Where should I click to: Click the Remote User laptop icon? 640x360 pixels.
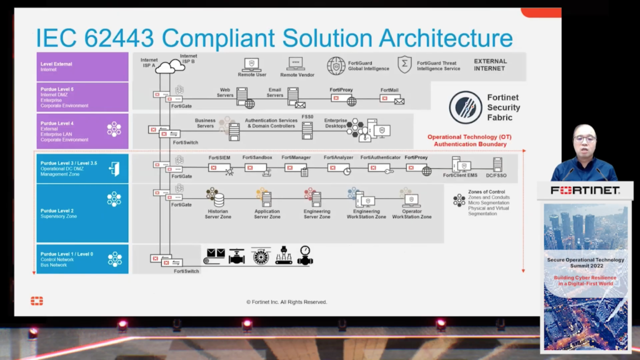[x=252, y=64]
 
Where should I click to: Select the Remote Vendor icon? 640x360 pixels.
[x=296, y=64]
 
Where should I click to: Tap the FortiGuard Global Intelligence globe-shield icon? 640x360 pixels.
[x=336, y=66]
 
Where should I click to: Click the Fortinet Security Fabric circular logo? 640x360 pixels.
[x=465, y=107]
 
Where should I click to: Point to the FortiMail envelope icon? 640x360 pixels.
[x=399, y=101]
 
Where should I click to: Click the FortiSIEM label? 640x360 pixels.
[x=220, y=157]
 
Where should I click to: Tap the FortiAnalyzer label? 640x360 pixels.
[x=338, y=157]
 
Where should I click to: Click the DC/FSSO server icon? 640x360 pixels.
[x=497, y=164]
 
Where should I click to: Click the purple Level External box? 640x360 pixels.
[x=82, y=67]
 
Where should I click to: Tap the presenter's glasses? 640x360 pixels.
[x=585, y=138]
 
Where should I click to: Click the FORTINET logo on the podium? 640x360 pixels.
[x=585, y=190]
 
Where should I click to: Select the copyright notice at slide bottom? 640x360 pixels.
[x=286, y=302]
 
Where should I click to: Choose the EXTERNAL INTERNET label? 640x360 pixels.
[x=490, y=64]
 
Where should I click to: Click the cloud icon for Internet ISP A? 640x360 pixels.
[x=165, y=67]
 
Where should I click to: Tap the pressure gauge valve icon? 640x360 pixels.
[x=305, y=255]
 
